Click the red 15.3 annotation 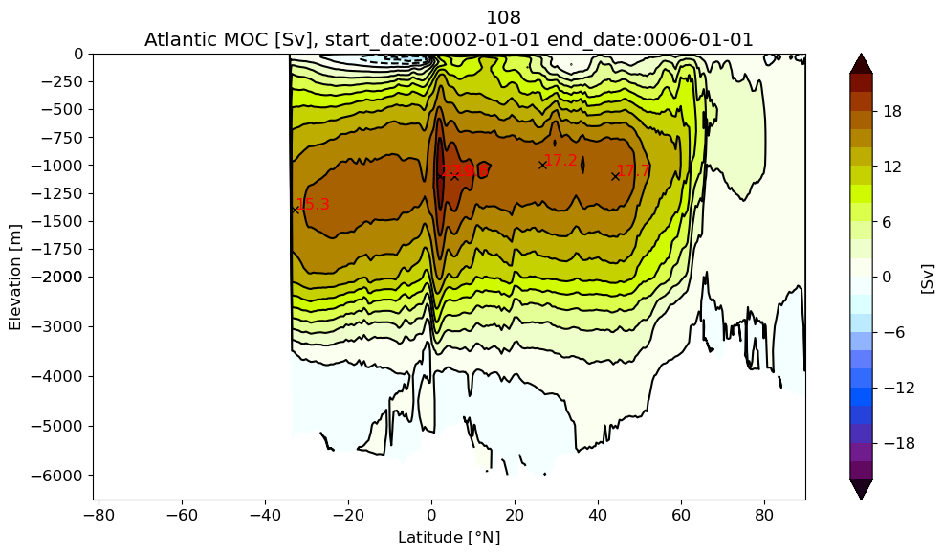(x=313, y=205)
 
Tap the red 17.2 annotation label (x=560, y=161)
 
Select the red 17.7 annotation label (x=633, y=171)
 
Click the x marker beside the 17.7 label (x=615, y=176)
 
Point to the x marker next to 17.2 (x=542, y=165)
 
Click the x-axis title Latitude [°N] (x=449, y=538)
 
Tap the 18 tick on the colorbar (x=892, y=111)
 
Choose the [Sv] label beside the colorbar (x=927, y=278)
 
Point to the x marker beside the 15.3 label (x=296, y=208)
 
